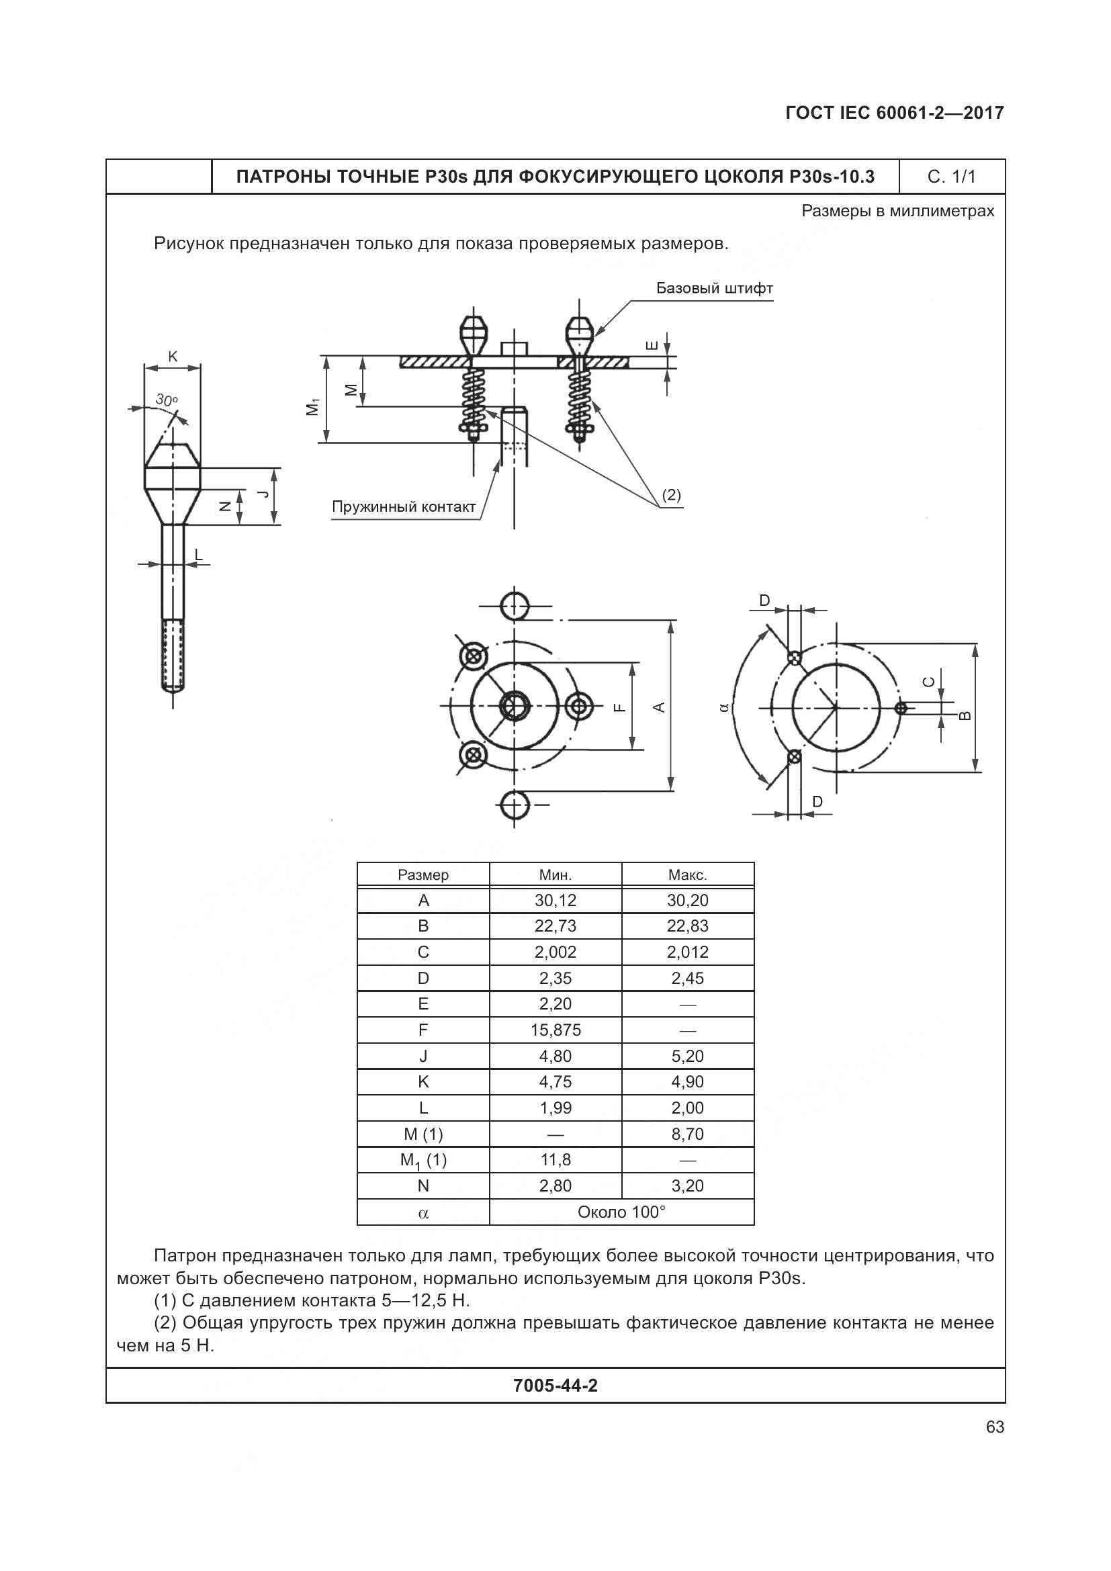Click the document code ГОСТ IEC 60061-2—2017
pos(895,113)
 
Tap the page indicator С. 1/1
pos(952,177)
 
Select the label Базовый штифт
pos(714,288)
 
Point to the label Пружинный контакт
pos(403,507)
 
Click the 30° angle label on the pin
pos(166,400)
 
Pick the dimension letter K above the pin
pos(173,357)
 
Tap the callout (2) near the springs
pos(671,495)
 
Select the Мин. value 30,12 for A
pos(555,901)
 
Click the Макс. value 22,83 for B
pos(688,926)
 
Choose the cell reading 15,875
pos(555,1030)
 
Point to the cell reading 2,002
pos(555,952)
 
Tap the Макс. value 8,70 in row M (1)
pos(688,1134)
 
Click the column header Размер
pos(423,875)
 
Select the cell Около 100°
pos(621,1212)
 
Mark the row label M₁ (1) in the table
pos(423,1161)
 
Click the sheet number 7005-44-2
pos(555,1386)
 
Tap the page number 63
pos(995,1427)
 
